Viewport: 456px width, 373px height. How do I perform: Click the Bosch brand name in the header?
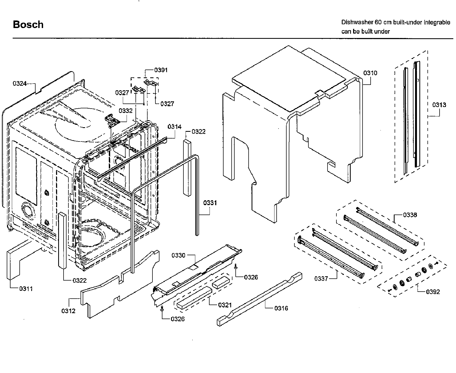(28, 25)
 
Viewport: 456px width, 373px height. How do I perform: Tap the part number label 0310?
(370, 73)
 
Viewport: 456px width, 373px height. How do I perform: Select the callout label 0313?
(439, 105)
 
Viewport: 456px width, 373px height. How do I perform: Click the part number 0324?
(20, 84)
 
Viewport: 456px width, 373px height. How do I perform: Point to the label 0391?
(161, 70)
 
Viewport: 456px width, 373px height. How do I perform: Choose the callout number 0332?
(126, 111)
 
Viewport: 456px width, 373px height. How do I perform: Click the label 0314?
(175, 127)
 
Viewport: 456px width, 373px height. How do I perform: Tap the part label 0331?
(210, 203)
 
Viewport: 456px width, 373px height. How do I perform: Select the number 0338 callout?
(410, 215)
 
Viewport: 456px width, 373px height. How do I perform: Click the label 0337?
(321, 279)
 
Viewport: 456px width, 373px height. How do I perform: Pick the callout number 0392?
(433, 292)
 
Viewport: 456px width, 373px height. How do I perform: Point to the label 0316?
(281, 308)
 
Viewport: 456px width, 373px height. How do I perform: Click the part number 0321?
(225, 305)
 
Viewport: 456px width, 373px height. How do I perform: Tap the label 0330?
(178, 255)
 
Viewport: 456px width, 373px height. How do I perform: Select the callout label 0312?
(68, 311)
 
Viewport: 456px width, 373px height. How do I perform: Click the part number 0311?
(26, 289)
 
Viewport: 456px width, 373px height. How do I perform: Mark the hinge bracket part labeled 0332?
(111, 121)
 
